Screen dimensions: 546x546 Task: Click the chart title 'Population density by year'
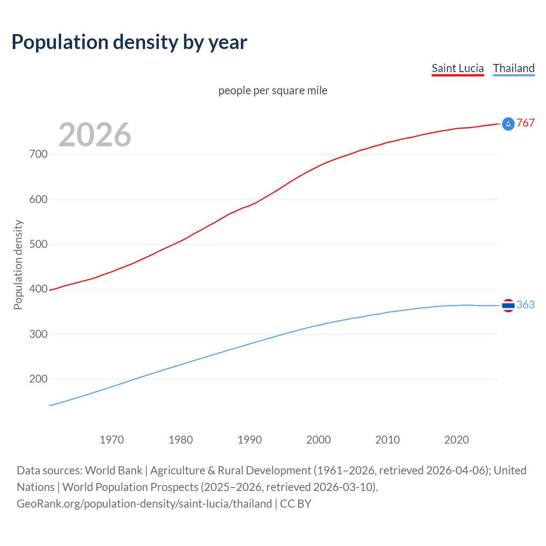[129, 42]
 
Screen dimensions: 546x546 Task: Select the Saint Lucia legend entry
[457, 68]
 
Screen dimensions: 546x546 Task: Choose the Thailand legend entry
[514, 68]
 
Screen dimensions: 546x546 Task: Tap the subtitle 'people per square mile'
[273, 91]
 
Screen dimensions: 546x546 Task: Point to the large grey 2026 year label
[95, 135]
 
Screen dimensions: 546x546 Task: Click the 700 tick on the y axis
[38, 154]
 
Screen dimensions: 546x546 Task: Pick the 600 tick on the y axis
[38, 199]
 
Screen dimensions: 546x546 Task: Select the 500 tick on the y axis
[38, 244]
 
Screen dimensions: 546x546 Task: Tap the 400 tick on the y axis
[38, 289]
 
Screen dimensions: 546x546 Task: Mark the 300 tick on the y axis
[38, 334]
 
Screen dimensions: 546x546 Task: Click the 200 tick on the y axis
[38, 379]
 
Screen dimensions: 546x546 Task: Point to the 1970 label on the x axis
[112, 440]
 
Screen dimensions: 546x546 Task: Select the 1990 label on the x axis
[250, 440]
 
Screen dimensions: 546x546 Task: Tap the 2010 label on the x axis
[387, 440]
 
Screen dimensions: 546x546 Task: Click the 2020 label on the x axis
[456, 440]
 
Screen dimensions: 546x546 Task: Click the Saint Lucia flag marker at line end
[508, 124]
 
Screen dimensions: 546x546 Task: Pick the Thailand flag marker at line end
[508, 305]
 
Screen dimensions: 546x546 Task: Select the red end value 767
[526, 123]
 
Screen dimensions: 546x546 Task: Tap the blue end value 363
[526, 305]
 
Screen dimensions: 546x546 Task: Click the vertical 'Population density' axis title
[18, 264]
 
